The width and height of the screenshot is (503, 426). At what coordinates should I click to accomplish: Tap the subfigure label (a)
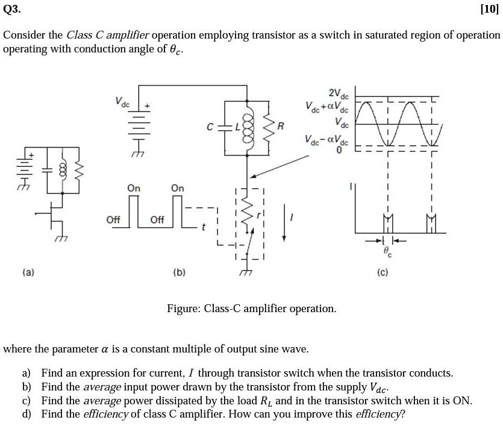(29, 272)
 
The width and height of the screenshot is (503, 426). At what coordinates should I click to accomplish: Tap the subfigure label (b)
(179, 272)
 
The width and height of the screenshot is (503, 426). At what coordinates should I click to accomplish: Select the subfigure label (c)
(383, 272)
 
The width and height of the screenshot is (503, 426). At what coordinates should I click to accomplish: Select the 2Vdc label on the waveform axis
(339, 95)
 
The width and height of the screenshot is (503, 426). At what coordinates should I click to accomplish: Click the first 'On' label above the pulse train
(134, 189)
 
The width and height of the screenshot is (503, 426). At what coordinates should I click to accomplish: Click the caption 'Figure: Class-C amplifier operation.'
(251, 309)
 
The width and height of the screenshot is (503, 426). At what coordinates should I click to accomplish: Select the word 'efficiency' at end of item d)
(380, 414)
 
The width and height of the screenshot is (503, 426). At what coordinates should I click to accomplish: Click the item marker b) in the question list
(27, 387)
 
